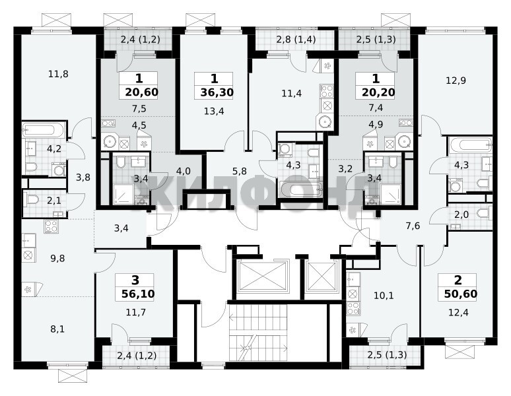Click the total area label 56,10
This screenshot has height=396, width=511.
(x=138, y=294)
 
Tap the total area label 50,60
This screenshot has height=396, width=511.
(x=460, y=294)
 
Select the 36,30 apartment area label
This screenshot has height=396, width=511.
(x=217, y=92)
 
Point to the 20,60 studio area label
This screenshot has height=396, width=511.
(x=141, y=92)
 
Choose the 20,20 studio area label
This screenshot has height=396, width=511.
(x=378, y=92)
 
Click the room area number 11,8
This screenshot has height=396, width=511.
(x=58, y=74)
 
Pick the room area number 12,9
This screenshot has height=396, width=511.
(x=456, y=81)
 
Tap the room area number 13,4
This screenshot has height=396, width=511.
(x=214, y=112)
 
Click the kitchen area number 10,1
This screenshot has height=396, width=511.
(x=384, y=296)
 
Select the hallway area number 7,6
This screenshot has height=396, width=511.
(x=413, y=226)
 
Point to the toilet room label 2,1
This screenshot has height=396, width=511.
(x=53, y=201)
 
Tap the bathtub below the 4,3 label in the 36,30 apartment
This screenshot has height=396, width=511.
(x=301, y=189)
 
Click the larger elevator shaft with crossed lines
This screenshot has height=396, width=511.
(x=262, y=277)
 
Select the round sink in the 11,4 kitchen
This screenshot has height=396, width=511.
(x=325, y=122)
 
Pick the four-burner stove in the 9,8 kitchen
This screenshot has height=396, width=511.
(x=51, y=226)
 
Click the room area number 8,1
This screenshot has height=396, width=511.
(x=57, y=329)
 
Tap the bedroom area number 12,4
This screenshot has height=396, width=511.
(x=458, y=313)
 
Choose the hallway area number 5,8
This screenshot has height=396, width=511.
(x=240, y=171)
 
